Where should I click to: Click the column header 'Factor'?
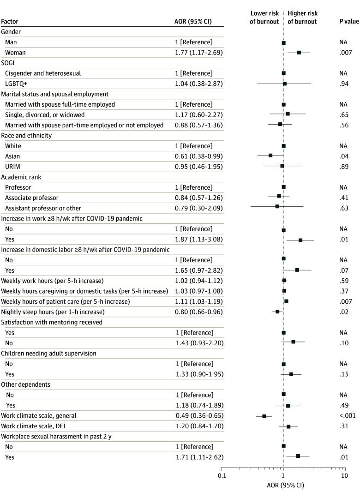click(x=10, y=21)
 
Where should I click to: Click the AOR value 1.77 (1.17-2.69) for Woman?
click(x=197, y=53)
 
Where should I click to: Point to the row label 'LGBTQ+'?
click(x=18, y=84)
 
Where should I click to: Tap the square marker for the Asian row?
click(x=270, y=156)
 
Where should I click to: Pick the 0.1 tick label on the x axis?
click(x=222, y=475)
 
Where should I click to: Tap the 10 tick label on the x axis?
click(x=344, y=475)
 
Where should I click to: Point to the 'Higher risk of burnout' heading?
click(x=302, y=18)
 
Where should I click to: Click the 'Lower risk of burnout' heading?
click(x=264, y=18)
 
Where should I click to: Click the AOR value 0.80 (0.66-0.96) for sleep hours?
click(x=197, y=312)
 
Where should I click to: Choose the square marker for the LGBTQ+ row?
click(x=285, y=84)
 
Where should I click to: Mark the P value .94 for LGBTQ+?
click(x=343, y=84)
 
